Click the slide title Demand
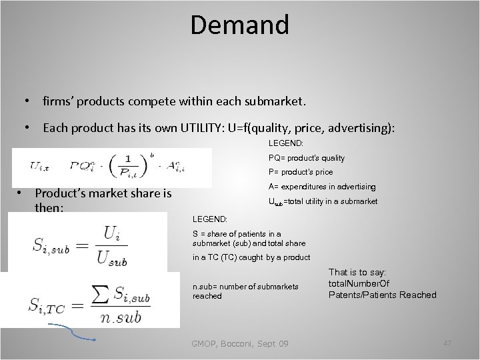tap(239, 25)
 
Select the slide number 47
tap(447, 343)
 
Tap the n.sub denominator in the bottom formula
tap(122, 317)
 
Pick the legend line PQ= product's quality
tap(307, 158)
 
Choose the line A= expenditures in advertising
tap(322, 187)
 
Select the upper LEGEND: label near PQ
tap(287, 143)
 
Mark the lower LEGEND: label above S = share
tap(209, 219)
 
